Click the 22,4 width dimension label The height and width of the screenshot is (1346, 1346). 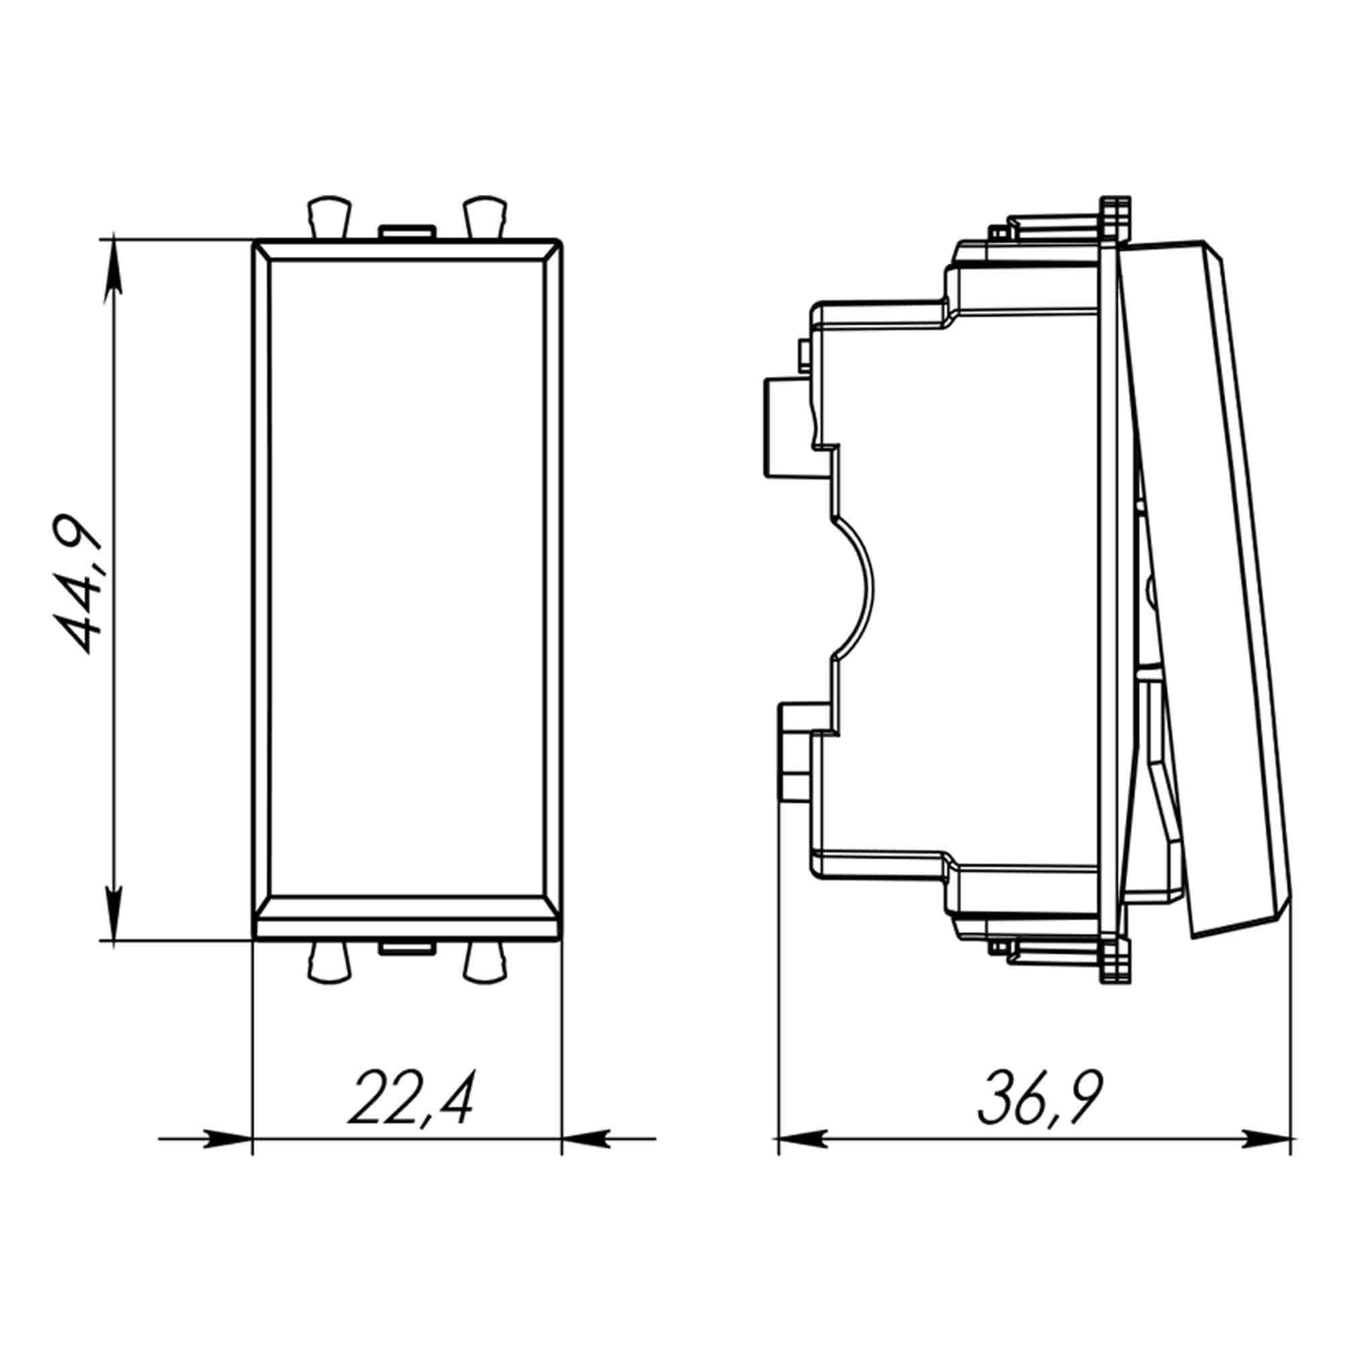pos(411,1100)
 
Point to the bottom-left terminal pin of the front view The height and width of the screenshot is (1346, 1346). pos(328,963)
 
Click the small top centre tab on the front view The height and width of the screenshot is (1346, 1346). pos(406,232)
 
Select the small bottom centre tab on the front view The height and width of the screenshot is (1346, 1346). pos(406,948)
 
